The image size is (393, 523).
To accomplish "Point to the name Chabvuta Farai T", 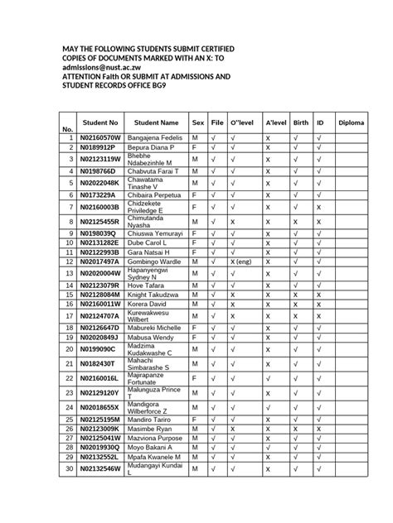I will [155, 171].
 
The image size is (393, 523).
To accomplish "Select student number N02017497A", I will [100, 261].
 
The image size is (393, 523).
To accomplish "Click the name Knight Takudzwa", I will [155, 295].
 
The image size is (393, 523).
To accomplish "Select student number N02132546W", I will [100, 469].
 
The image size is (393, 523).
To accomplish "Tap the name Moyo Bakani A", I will [153, 447].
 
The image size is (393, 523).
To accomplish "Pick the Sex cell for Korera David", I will [196, 304].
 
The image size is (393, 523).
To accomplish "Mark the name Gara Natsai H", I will [150, 252].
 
